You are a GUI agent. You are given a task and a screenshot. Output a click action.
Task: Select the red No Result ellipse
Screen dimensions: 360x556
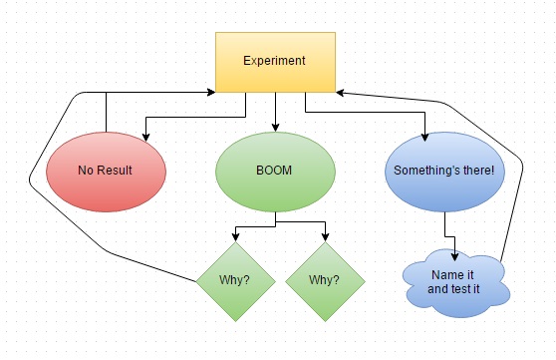pos(106,171)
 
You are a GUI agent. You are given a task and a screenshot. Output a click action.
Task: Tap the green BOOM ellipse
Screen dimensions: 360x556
pos(274,171)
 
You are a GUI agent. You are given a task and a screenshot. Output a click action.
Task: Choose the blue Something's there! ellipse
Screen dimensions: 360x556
pos(443,171)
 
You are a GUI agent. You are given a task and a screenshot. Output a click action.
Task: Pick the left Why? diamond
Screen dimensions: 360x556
pos(235,280)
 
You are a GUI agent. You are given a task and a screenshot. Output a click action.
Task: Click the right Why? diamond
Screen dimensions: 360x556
pos(324,280)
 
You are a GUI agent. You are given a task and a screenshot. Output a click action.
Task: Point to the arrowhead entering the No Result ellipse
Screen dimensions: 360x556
pos(146,134)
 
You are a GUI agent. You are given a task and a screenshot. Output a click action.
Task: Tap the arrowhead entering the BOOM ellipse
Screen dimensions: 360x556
pos(275,128)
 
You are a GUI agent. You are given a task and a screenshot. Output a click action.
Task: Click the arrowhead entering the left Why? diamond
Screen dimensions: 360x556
pos(235,238)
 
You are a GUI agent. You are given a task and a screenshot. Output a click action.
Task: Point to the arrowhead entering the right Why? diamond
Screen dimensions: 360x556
pos(325,238)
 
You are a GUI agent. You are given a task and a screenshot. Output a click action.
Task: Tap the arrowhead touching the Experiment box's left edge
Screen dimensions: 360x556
pos(211,91)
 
